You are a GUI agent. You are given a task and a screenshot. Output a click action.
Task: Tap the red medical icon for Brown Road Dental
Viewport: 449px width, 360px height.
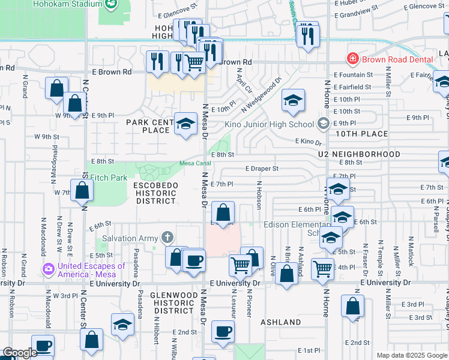click(x=352, y=59)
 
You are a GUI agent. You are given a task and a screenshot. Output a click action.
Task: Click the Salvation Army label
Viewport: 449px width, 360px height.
click(x=131, y=238)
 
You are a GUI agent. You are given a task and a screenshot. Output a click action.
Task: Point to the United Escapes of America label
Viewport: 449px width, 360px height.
click(x=91, y=271)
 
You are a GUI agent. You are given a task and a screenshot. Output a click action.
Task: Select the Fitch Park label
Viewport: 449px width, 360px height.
click(x=108, y=178)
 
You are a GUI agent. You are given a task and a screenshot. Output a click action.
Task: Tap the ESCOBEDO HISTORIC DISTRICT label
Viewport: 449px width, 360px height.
click(x=155, y=193)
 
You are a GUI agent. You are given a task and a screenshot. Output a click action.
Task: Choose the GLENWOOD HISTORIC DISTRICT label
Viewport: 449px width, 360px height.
click(x=172, y=303)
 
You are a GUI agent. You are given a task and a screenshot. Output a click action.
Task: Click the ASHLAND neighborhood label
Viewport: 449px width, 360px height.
click(x=281, y=322)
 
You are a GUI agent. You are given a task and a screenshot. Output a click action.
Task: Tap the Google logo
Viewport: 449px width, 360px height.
click(x=20, y=353)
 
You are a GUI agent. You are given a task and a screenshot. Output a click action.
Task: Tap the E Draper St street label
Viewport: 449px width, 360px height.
click(x=261, y=169)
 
